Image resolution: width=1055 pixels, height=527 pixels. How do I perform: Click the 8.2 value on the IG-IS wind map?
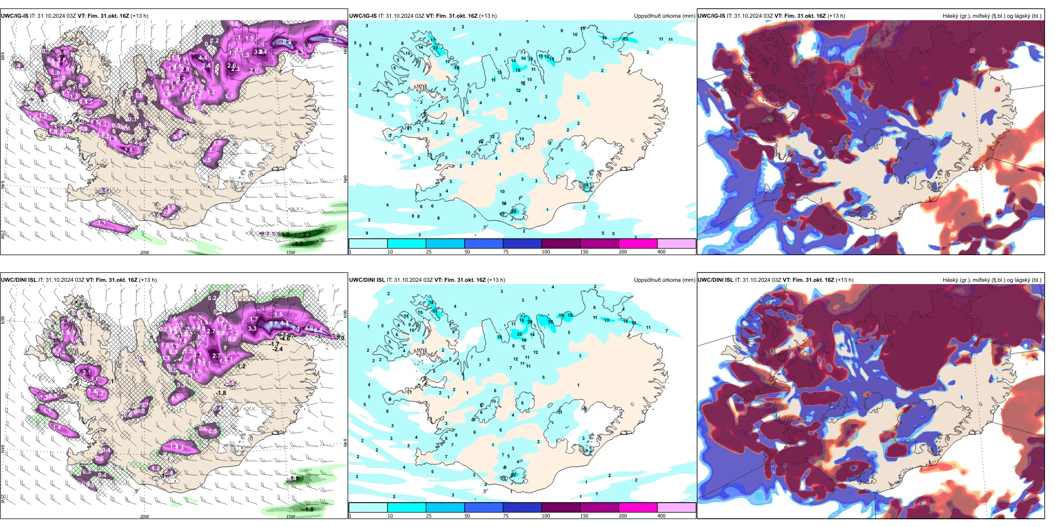287,42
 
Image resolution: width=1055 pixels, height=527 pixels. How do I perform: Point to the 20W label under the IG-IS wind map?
144,252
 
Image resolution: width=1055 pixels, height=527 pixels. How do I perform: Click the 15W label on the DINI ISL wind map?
290,516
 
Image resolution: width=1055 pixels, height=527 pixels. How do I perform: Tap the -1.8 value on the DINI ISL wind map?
221,393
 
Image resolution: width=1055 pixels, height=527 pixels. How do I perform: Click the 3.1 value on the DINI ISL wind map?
86,372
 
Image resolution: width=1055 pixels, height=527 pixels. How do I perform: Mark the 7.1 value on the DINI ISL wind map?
296,329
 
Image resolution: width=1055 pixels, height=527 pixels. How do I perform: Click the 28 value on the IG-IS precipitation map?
514,211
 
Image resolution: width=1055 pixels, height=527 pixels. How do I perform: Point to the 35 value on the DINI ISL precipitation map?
550,322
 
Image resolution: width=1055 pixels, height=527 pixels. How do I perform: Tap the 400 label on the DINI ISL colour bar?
661,516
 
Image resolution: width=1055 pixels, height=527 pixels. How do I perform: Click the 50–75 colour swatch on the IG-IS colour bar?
483,244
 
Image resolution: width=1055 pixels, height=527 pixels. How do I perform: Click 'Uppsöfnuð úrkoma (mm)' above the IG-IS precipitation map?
664,16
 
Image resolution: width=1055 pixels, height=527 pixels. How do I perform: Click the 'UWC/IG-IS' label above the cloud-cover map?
711,16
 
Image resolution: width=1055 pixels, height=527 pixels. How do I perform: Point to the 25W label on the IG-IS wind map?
3,235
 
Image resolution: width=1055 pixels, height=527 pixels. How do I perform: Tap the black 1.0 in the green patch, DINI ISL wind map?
309,509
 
